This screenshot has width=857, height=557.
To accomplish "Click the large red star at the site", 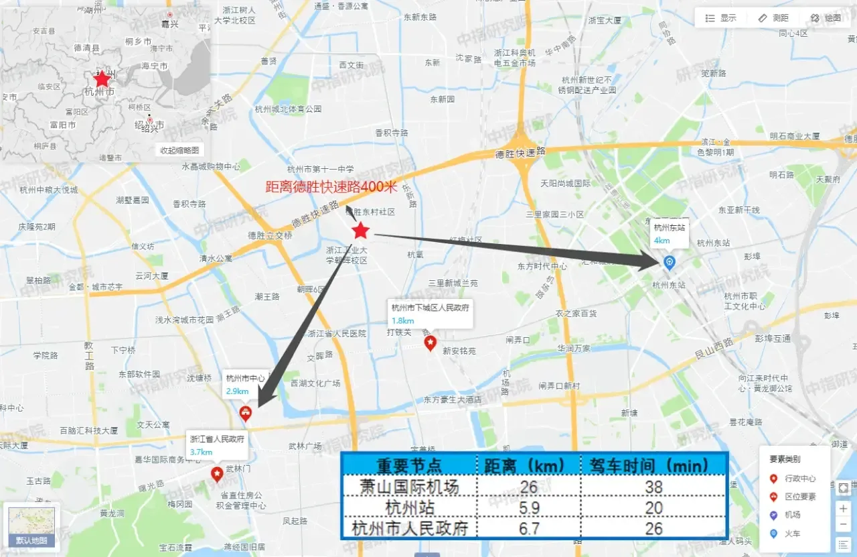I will pyautogui.click(x=361, y=231).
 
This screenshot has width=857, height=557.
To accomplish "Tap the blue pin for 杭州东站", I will pyautogui.click(x=668, y=262).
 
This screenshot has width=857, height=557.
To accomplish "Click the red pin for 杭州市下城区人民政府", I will pyautogui.click(x=430, y=343).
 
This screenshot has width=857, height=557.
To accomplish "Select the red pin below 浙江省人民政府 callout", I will pyautogui.click(x=217, y=474).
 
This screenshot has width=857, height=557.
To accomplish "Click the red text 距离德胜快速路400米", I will pyautogui.click(x=332, y=188).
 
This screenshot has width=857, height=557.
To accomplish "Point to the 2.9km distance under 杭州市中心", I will pyautogui.click(x=238, y=391).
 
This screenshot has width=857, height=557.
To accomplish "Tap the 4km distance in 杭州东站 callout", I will pyautogui.click(x=661, y=241).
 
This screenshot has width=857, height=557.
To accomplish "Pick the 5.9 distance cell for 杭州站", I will pyautogui.click(x=528, y=507).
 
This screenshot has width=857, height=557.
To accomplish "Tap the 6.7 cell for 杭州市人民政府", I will pyautogui.click(x=528, y=528).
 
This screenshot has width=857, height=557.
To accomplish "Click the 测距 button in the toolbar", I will pyautogui.click(x=773, y=18).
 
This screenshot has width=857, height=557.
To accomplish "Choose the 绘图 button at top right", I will pyautogui.click(x=826, y=18).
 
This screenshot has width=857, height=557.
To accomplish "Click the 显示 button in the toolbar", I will pyautogui.click(x=721, y=18).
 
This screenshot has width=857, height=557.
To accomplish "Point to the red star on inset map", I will pyautogui.click(x=102, y=79).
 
